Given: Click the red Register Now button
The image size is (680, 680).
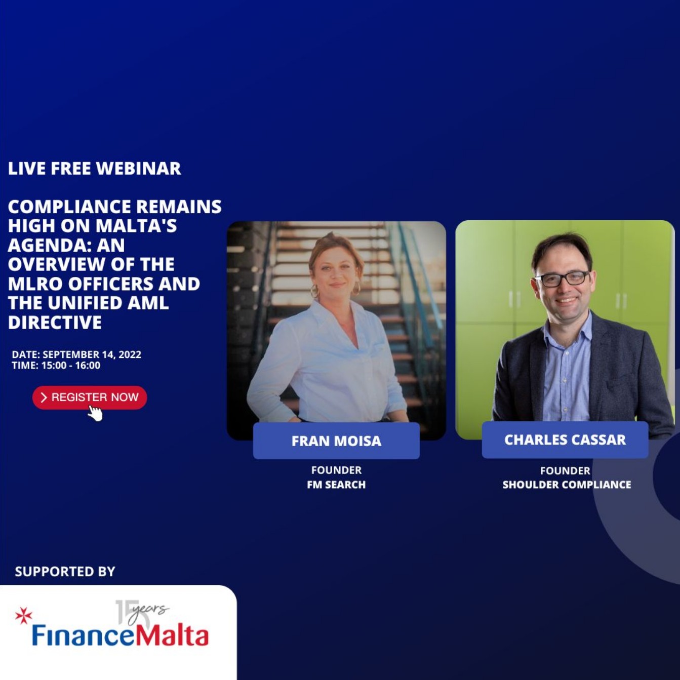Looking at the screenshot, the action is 89,397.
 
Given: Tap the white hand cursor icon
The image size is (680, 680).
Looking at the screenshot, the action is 95,413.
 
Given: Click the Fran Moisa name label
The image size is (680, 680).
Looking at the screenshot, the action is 336,441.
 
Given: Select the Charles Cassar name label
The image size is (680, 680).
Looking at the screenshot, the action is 565,439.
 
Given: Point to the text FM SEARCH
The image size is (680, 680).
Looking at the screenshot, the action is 336,485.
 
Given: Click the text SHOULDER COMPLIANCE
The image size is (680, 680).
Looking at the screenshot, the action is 567,485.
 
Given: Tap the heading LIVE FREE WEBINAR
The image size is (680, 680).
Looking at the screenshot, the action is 94,168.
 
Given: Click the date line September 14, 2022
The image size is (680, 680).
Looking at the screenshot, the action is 76,354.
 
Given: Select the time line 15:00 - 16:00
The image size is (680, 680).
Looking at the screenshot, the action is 56,365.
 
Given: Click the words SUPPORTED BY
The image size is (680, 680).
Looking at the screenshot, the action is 65,572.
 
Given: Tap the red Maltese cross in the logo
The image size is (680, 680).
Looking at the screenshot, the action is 24,615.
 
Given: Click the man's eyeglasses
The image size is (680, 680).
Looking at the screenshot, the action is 562,278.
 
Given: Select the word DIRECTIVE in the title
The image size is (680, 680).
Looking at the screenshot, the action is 55,323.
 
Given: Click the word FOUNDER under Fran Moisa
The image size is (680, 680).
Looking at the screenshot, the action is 336,470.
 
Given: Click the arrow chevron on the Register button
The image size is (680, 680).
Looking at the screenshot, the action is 44,397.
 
